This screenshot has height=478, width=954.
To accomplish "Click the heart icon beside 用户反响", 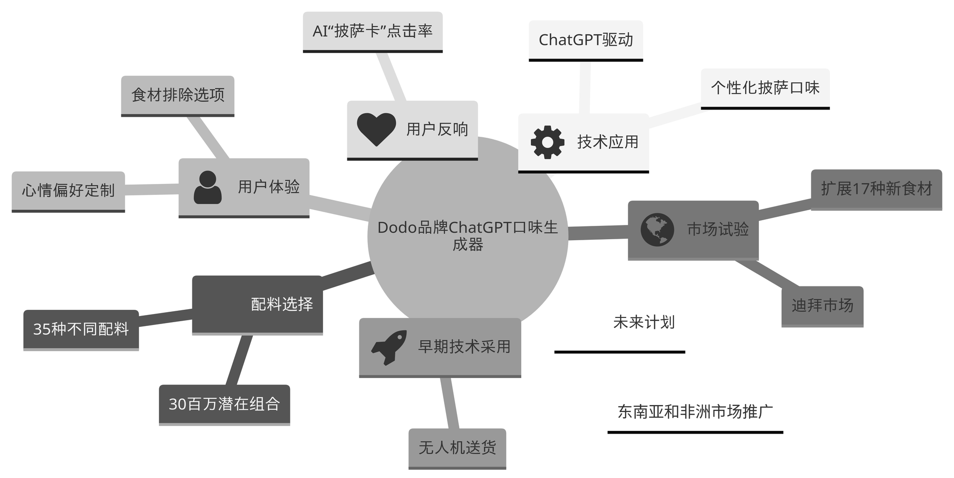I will [376, 129].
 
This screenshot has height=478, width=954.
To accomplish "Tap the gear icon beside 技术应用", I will [547, 142].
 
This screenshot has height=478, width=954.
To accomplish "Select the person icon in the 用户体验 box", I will [207, 187].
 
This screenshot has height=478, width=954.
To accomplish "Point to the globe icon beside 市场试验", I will [657, 230].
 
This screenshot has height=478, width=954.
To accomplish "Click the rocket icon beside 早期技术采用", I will [389, 347].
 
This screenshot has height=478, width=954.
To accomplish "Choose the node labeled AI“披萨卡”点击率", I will [373, 31].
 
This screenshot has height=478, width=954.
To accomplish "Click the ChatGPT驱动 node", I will [586, 40].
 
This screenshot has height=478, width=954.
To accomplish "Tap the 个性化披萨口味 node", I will [765, 88].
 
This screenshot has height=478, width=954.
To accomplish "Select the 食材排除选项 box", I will [177, 95].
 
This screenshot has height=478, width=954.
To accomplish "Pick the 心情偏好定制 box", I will [68, 191].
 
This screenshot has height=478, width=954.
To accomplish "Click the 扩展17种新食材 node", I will [876, 189].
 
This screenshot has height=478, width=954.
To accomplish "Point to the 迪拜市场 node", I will [822, 305].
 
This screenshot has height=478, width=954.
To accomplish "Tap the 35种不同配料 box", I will [81, 329].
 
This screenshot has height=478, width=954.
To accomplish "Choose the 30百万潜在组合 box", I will [224, 404].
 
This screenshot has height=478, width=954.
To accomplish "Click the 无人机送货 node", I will [457, 447].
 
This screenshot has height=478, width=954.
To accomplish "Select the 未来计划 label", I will [643, 323].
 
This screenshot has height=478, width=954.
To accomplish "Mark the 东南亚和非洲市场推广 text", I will [695, 412].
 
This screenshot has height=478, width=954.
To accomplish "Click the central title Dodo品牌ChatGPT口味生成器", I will [467, 236].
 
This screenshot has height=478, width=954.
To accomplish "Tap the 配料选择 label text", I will [282, 304].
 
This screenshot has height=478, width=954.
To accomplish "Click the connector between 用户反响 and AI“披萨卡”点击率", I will [391, 76].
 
